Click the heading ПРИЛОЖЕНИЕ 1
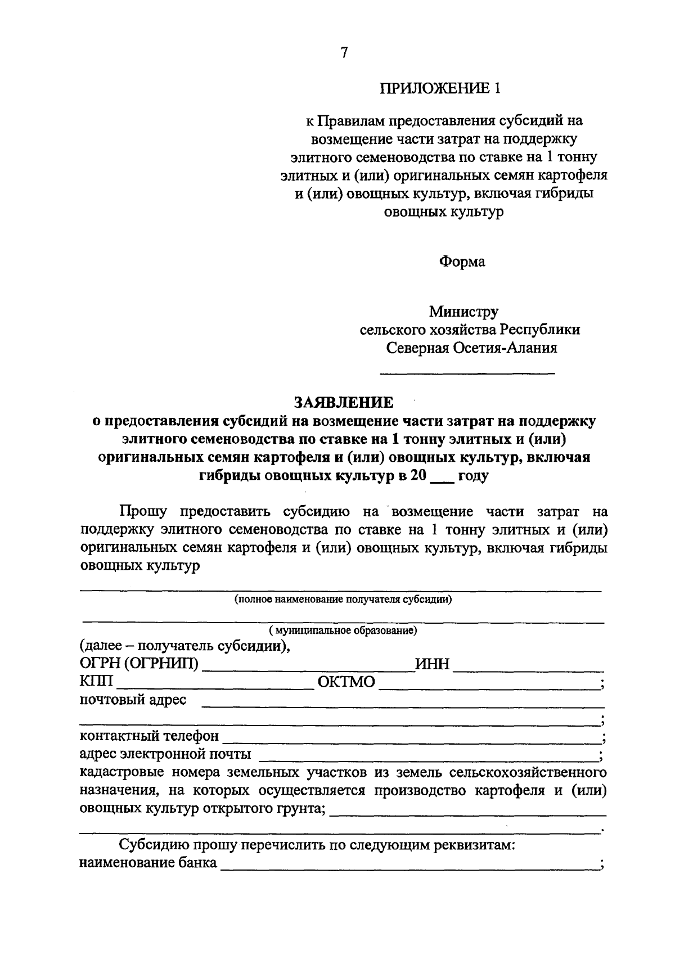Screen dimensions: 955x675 pos(440,88)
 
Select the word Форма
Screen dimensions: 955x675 pos(462,262)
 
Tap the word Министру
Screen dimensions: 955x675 pos(463,311)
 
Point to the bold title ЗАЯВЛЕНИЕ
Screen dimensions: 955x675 pos(344,402)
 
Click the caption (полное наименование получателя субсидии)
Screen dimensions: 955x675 pos(343,600)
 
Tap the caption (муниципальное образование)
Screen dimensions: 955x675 pos(343,630)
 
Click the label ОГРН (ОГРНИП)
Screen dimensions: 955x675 pos(139,664)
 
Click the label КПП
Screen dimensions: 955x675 pos(96,682)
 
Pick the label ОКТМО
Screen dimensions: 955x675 pos(346,682)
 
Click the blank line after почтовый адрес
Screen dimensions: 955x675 pos(402,705)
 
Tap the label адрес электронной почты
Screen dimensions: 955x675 pos(165,754)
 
